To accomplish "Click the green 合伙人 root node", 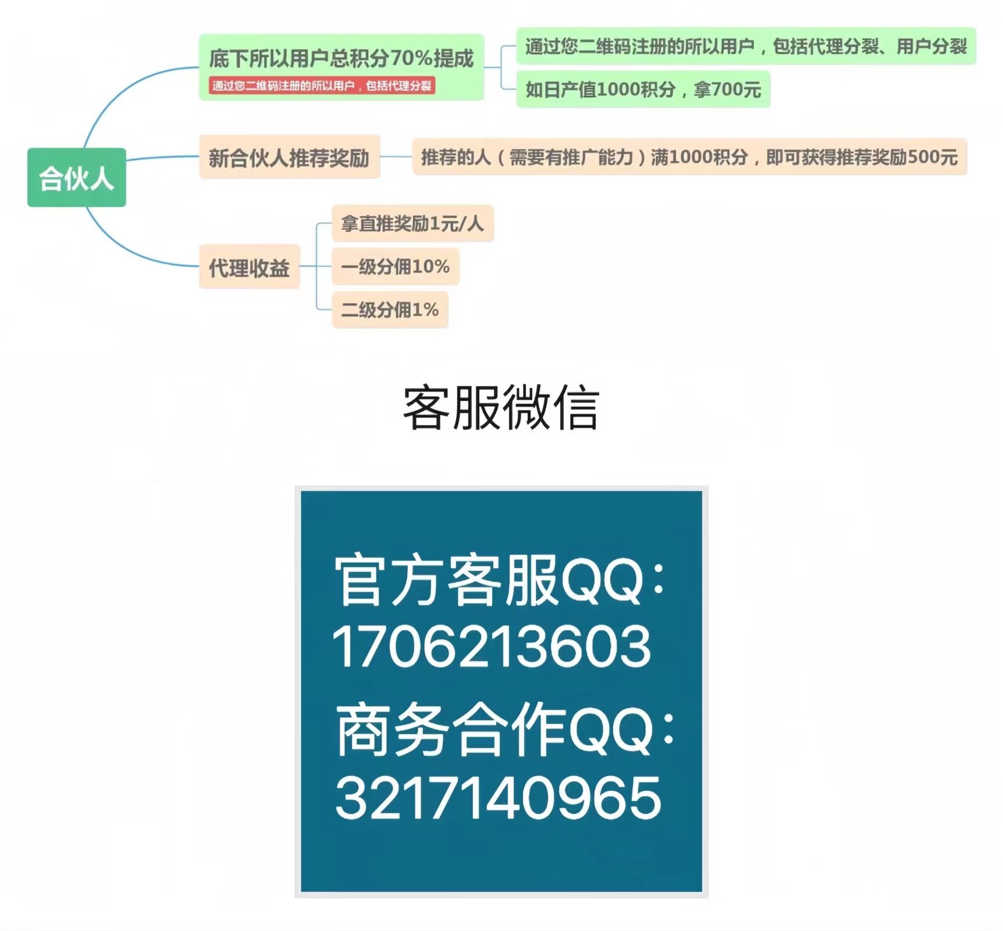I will point(76,177).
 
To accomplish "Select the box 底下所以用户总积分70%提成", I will point(341,58).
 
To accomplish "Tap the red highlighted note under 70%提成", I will point(322,86).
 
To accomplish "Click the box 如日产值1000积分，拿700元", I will point(643,89).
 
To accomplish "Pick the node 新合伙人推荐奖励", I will point(289,157).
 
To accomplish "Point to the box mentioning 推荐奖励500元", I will point(689,157).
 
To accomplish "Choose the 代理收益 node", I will point(249,267).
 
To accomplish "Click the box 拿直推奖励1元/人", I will point(412,223).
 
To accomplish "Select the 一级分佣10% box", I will point(395,266).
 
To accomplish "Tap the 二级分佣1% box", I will point(389,310).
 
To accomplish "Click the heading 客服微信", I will point(501,408).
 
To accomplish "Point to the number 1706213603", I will point(492,646).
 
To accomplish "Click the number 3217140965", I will point(498,797).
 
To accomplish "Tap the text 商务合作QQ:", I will point(504,730).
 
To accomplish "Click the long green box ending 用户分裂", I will point(745,46).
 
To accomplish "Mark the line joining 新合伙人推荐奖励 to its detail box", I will point(396,157).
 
